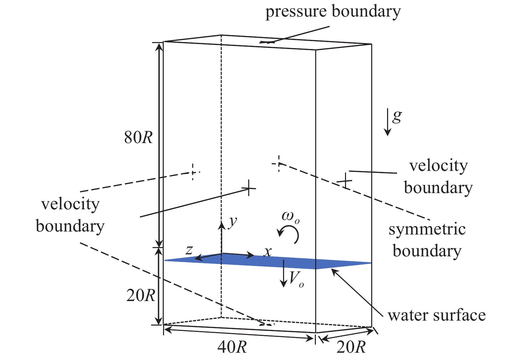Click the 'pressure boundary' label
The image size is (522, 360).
pyautogui.click(x=333, y=12)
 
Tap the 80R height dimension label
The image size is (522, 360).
pyautogui.click(x=139, y=137)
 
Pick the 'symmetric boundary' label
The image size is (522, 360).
pyautogui.click(x=427, y=240)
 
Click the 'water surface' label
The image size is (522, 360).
pyautogui.click(x=436, y=315)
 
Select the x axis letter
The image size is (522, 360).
pyautogui.click(x=267, y=252)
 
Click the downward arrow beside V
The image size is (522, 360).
pyautogui.click(x=283, y=273)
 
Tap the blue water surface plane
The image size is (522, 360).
pyautogui.click(x=265, y=262)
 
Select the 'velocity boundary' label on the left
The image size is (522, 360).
pyautogui.click(x=70, y=215)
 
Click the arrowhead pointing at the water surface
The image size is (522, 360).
pyautogui.click(x=334, y=271)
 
